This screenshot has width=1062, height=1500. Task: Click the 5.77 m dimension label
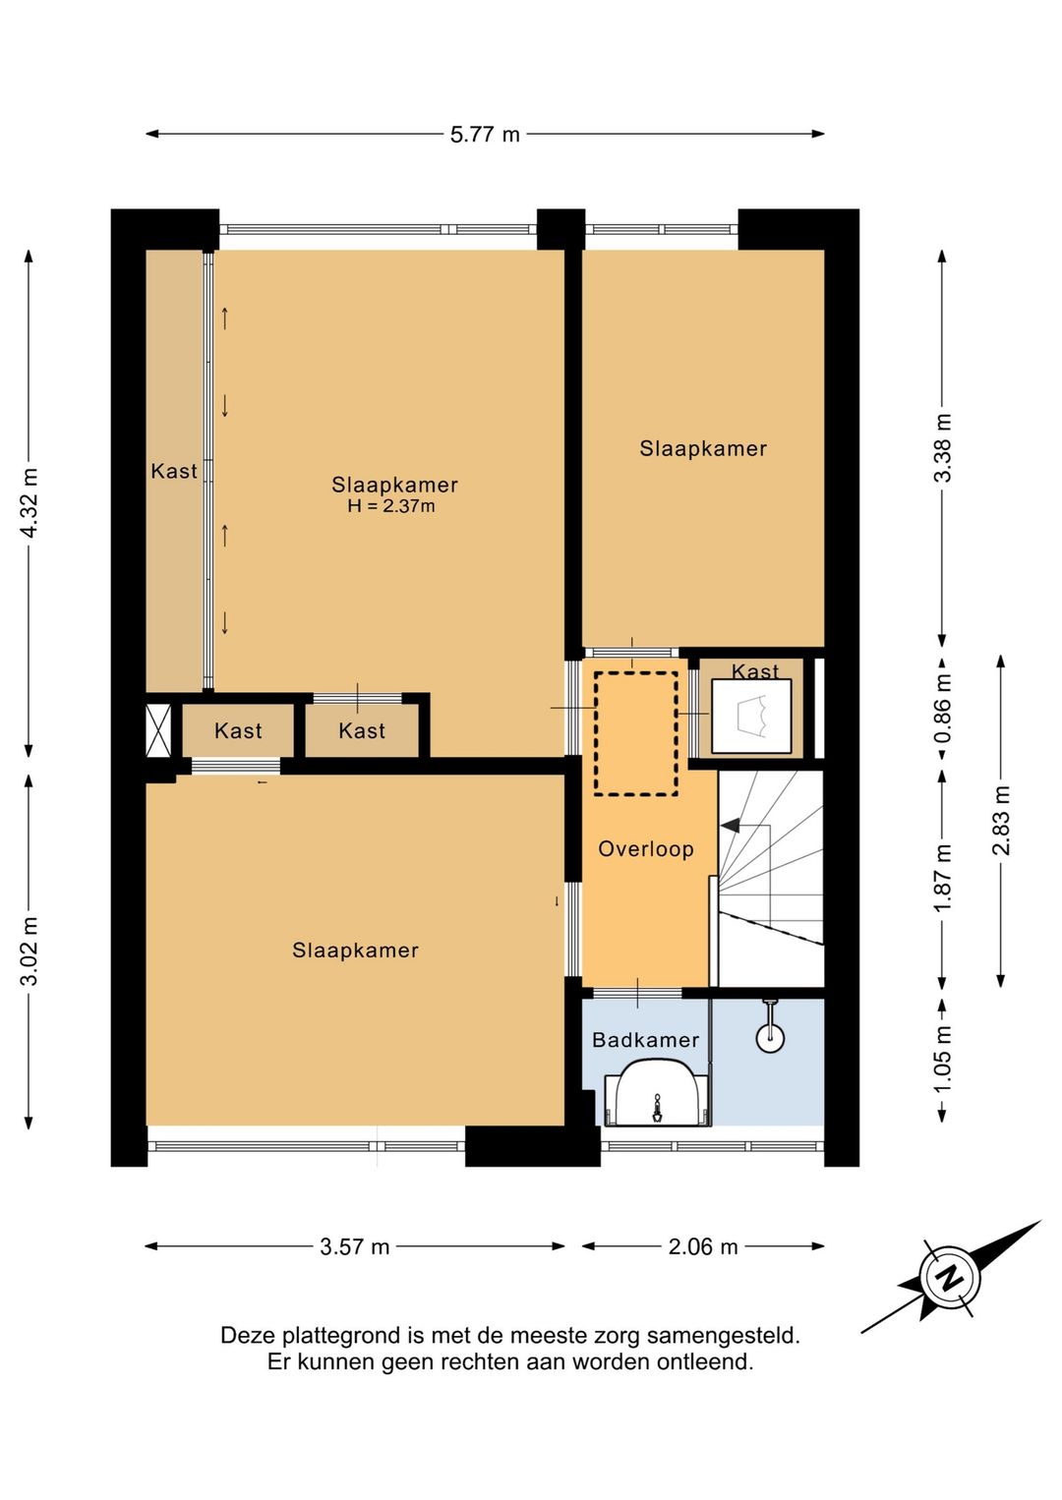pos(485,135)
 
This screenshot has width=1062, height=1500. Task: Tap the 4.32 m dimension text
pos(29,502)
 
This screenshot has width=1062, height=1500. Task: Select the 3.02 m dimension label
pos(29,951)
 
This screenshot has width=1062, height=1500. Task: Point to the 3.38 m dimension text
pos(942,447)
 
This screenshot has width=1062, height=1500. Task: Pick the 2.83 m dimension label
pos(1000,821)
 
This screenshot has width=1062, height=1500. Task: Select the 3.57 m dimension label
pos(354,1246)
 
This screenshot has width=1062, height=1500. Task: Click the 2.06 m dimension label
pos(703,1246)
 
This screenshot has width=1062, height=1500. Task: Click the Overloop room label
pos(646,849)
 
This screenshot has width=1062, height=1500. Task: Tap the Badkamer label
pos(646,1040)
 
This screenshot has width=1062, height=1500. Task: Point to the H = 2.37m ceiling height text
pos(391,506)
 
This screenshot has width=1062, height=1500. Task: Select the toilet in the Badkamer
pos(657,1092)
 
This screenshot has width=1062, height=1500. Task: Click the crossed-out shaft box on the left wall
pos(158,730)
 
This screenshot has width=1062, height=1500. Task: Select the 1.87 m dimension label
pos(942,877)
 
